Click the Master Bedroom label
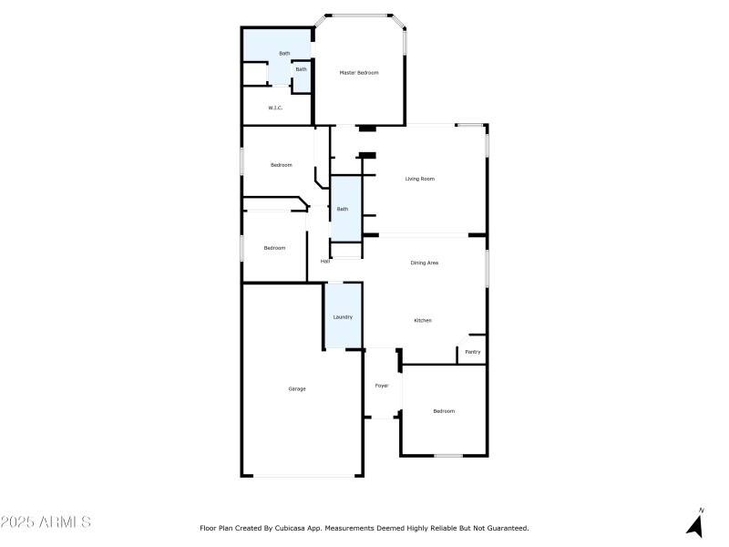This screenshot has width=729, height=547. [359, 72]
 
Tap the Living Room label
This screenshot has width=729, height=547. [419, 179]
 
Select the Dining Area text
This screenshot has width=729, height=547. [425, 263]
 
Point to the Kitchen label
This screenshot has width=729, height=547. [423, 320]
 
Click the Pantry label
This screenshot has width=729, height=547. [473, 352]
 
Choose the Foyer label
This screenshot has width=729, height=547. [382, 386]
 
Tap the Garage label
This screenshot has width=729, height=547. [297, 388]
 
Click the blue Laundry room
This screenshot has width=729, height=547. [343, 316]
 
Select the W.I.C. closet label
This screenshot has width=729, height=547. [275, 108]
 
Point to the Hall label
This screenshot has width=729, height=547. [324, 262]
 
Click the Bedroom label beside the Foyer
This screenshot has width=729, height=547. [444, 411]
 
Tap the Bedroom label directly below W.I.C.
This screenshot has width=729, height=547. [281, 165]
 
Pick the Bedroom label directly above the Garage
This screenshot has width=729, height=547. [274, 248]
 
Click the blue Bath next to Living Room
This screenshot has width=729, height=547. [343, 209]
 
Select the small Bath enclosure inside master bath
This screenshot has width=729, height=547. [301, 71]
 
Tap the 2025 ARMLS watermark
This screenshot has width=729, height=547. [46, 522]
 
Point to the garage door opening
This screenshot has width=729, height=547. [305, 475]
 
